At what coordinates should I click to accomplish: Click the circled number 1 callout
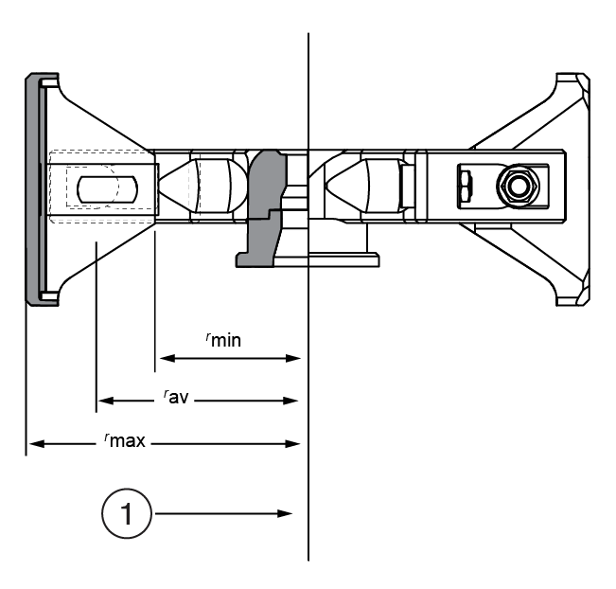pyautogui.click(x=126, y=514)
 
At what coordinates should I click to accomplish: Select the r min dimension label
pyautogui.click(x=223, y=340)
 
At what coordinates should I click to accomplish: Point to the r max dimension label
pyautogui.click(x=125, y=440)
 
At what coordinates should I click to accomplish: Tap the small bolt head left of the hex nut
pyautogui.click(x=465, y=185)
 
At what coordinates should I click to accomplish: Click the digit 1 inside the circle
pyautogui.click(x=126, y=514)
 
